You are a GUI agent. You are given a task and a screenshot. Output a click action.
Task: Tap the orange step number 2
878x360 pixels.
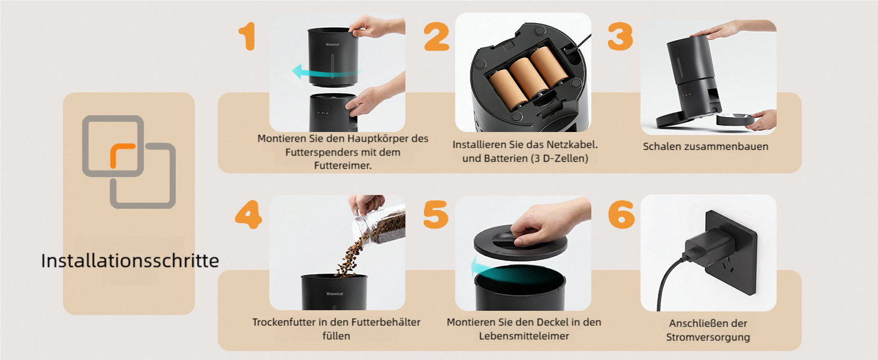[437, 37]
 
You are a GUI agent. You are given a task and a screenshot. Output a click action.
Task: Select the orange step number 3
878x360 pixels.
[620, 36]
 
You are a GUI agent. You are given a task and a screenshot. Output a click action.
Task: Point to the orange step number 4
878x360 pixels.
[248, 214]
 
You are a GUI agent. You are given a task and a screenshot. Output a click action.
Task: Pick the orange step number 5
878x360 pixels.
[435, 214]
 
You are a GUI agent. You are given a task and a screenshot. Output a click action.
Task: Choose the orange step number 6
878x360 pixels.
[621, 214]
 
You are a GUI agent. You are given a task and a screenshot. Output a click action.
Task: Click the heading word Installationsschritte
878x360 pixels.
[130, 261]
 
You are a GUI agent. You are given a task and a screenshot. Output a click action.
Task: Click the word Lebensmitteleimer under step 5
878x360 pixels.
[524, 336]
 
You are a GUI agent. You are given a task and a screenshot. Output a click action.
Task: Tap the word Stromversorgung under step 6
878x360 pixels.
[708, 337]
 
